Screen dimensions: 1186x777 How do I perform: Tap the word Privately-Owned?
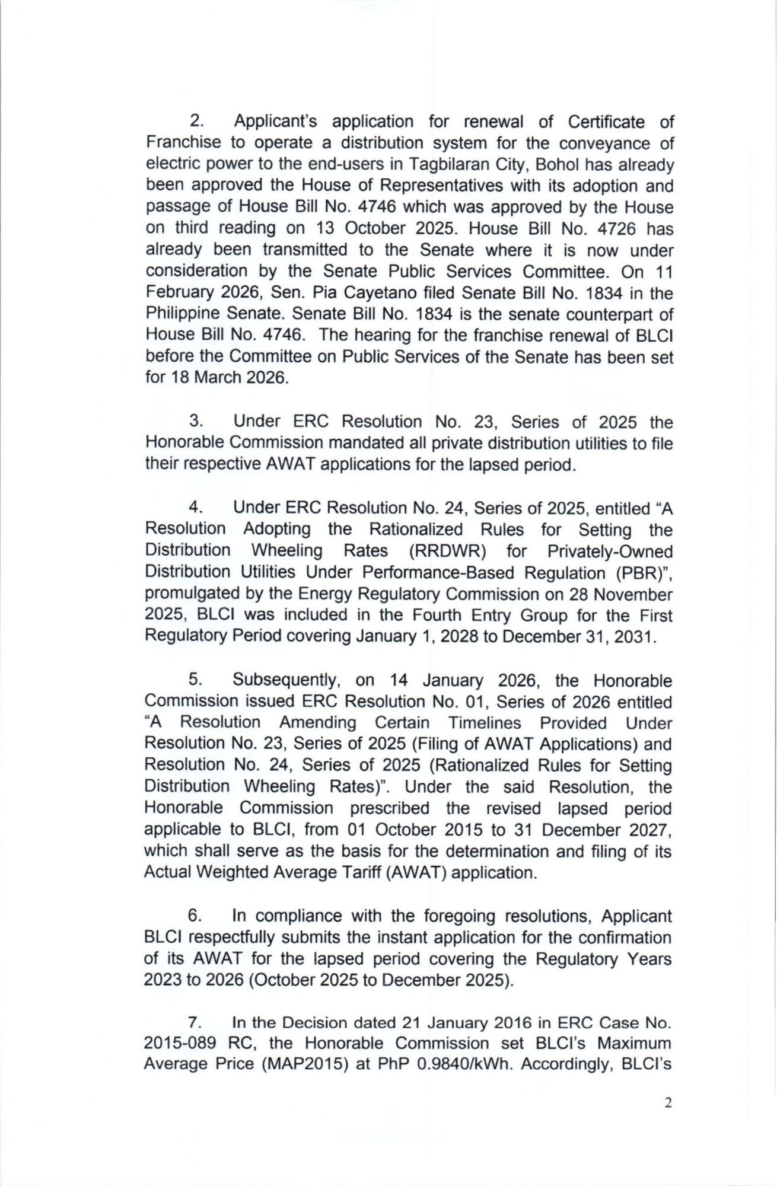pyautogui.click(x=610, y=551)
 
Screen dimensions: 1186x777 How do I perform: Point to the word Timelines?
pyautogui.click(x=485, y=723)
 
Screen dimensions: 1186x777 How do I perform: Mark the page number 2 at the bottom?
pyautogui.click(x=668, y=1103)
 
